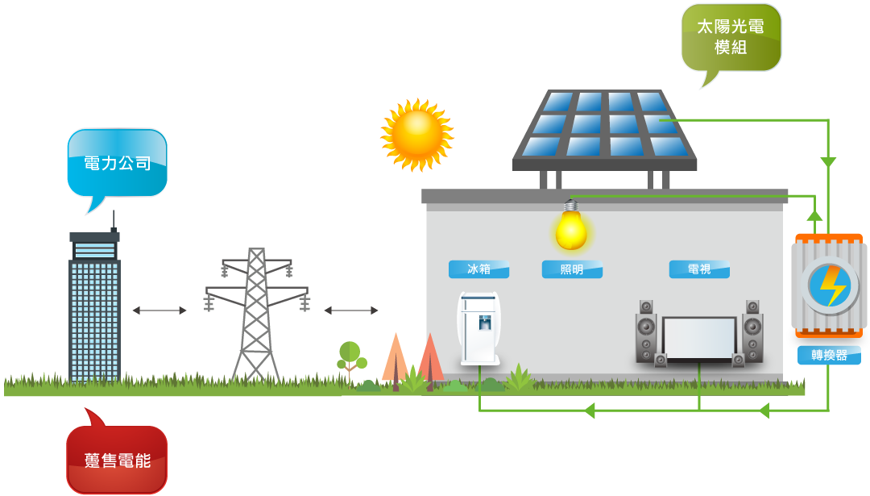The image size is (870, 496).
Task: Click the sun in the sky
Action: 416,134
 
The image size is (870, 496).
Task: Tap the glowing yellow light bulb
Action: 571,230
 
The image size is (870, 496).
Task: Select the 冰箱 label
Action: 478,269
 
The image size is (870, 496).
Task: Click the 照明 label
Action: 572,269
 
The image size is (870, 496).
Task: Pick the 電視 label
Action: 699,269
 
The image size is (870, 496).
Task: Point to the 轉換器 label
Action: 829,355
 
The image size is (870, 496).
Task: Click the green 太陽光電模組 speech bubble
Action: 731,38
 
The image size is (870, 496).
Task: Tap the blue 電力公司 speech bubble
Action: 118,163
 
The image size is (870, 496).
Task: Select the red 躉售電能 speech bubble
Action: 117,460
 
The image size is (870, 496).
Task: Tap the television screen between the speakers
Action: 699,338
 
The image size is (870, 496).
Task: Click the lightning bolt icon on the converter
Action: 829,286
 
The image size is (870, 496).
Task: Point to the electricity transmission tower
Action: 256,315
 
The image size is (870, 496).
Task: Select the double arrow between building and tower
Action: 159,311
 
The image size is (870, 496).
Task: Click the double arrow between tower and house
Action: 351,311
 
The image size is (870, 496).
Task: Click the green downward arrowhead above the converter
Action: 828,163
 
